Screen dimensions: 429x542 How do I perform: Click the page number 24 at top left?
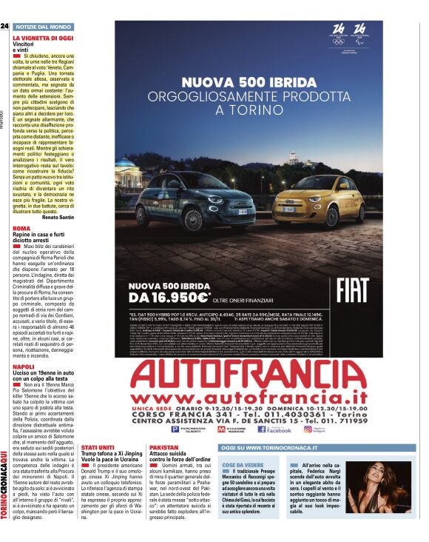coord(5,26)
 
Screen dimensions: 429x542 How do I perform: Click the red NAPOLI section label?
coord(24,367)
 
